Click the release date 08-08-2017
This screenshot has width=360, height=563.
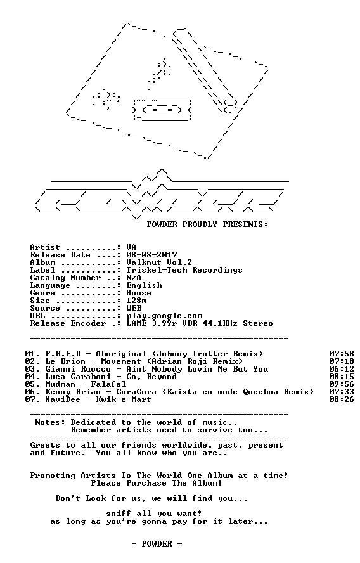(x=151, y=255)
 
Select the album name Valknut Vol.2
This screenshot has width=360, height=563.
(x=159, y=262)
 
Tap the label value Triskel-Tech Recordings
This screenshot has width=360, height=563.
(x=184, y=270)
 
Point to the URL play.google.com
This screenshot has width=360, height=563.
(x=164, y=316)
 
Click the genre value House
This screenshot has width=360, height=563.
(x=139, y=293)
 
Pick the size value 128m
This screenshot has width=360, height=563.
(x=136, y=301)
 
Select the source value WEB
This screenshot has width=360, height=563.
(x=134, y=308)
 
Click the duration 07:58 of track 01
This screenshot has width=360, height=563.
(x=342, y=354)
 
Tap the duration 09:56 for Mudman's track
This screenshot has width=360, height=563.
(x=342, y=384)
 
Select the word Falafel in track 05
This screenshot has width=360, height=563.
(x=108, y=384)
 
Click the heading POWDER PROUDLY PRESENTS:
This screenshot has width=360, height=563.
(x=207, y=224)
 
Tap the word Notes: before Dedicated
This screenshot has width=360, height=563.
(x=50, y=422)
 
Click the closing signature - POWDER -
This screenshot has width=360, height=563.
(x=157, y=543)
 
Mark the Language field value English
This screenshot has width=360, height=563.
(x=144, y=285)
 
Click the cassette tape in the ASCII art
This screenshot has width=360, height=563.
(x=162, y=110)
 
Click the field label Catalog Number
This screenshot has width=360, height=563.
(x=65, y=278)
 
